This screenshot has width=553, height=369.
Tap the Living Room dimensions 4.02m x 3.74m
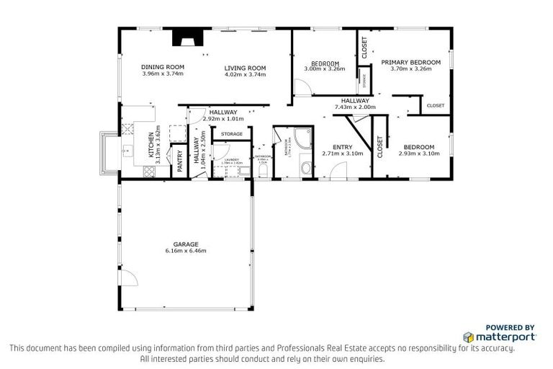point(246,74)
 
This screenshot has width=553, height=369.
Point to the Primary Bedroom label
point(410,63)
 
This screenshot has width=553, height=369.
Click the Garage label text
point(186,244)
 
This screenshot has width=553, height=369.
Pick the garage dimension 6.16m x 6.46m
point(186,251)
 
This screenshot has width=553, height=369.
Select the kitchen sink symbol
point(128,151)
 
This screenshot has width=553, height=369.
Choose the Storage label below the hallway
point(231,134)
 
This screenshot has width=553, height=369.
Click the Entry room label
point(343,148)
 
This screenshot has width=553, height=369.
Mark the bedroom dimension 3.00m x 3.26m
point(325,69)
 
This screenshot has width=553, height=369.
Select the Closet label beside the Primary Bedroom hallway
point(436,106)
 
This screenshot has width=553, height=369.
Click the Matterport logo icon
point(469,337)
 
